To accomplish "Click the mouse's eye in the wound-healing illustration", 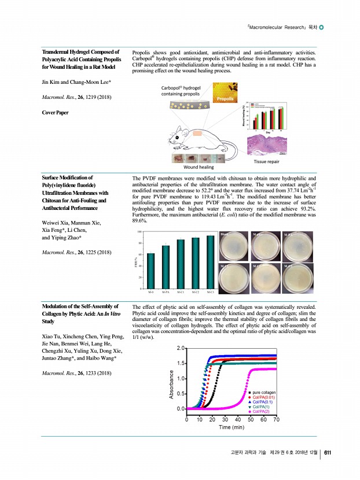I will click(x=176, y=137).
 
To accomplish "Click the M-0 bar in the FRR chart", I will click(x=150, y=269).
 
